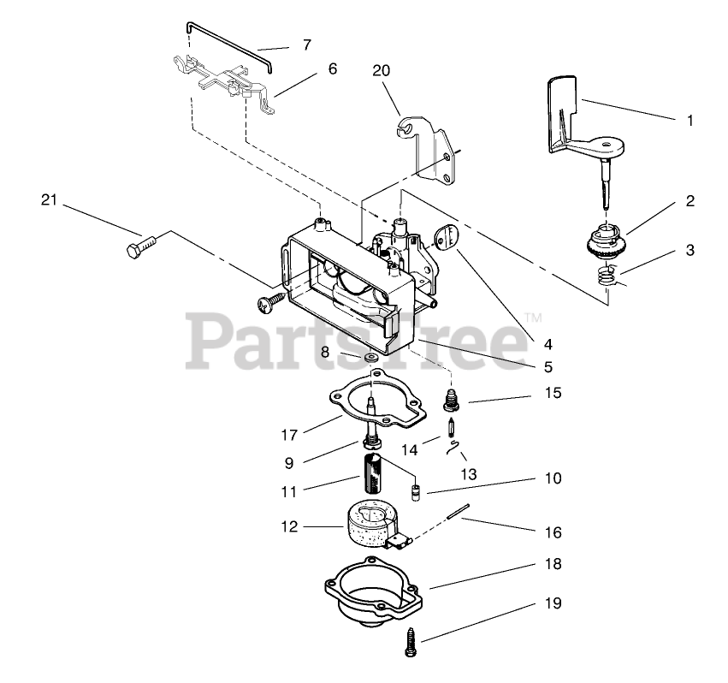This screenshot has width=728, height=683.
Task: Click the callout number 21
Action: [48, 200]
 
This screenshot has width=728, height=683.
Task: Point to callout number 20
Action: [382, 72]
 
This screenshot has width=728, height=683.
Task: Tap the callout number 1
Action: [690, 121]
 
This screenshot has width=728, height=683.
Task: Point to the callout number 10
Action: [553, 478]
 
